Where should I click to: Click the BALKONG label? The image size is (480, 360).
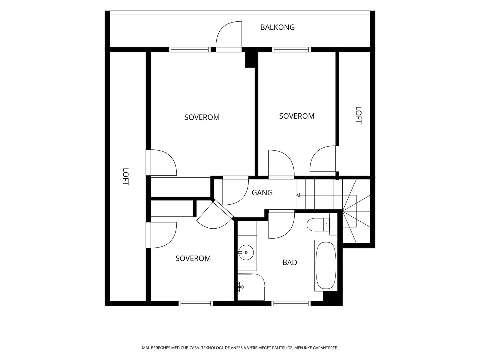click(277, 27)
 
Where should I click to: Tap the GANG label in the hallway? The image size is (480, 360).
click(262, 193)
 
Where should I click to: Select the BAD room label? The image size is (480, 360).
click(290, 262)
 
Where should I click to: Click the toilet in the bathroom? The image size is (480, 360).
click(318, 224)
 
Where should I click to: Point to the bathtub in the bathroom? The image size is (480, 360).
click(326, 265)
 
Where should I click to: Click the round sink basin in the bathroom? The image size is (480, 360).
click(246, 253)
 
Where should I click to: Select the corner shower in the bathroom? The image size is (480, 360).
click(251, 287)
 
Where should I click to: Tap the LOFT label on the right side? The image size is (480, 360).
click(358, 115)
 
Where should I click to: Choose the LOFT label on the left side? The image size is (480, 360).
click(125, 177)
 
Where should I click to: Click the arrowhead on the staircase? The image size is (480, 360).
click(298, 195)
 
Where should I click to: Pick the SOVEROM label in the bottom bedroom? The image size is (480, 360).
click(193, 258)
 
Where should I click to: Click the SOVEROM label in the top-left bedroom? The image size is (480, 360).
click(202, 117)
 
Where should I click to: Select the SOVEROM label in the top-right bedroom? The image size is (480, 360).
click(297, 116)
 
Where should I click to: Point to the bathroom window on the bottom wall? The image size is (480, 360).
click(291, 303)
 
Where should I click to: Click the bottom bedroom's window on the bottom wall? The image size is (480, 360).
click(196, 303)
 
